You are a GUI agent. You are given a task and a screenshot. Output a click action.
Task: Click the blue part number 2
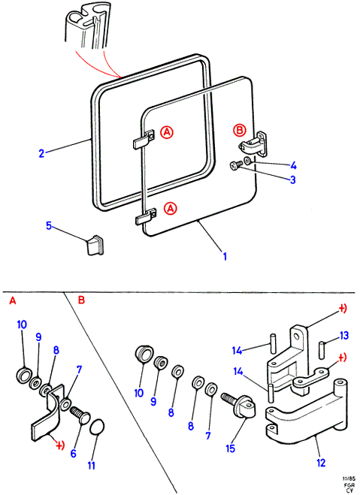pyautogui.click(x=41, y=154)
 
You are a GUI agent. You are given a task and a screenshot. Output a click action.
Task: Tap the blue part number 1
pyautogui.click(x=225, y=256)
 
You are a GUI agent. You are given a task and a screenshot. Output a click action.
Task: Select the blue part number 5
pyautogui.click(x=49, y=226)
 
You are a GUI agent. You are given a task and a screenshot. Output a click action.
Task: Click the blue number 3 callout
pyautogui.click(x=293, y=180)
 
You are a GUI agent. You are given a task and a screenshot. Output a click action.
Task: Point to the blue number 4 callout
pyautogui.click(x=293, y=165)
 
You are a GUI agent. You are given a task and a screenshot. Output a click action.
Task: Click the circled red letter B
pyautogui.click(x=239, y=130)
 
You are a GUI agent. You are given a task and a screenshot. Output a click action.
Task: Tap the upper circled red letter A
pyautogui.click(x=167, y=132)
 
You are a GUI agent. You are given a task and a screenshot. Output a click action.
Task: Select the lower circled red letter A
pyautogui.click(x=171, y=208)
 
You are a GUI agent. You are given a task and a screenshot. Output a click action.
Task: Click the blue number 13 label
pyautogui.click(x=344, y=335)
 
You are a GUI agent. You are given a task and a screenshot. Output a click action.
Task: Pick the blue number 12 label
pyautogui.click(x=321, y=463)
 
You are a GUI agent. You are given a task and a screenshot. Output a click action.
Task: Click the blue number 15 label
pyautogui.click(x=231, y=448)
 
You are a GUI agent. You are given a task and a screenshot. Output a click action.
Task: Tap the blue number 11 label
pyautogui.click(x=92, y=465)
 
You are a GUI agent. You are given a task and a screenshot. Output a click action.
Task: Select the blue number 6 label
pyautogui.click(x=73, y=454)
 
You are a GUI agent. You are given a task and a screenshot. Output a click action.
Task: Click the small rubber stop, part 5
pyautogui.click(x=95, y=244)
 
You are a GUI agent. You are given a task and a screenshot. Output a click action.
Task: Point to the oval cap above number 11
pyautogui.click(x=98, y=427)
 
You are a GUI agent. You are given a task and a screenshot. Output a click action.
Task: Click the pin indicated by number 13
pyautogui.click(x=322, y=349)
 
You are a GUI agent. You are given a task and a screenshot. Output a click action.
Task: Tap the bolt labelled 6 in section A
pyautogui.click(x=80, y=415)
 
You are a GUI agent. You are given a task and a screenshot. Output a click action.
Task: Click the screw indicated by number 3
pyautogui.click(x=235, y=165)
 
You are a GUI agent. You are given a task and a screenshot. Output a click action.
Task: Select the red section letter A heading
pyautogui.click(x=12, y=301)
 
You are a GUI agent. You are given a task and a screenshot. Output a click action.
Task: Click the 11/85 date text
pyautogui.click(x=348, y=478)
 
